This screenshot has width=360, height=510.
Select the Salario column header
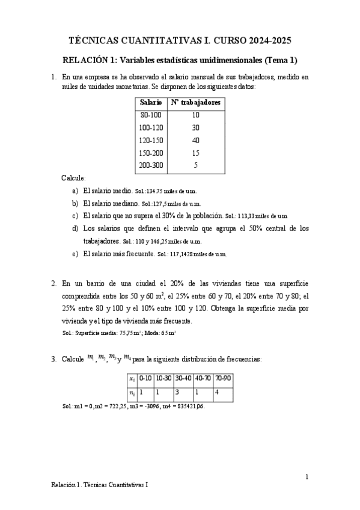pos(151,103)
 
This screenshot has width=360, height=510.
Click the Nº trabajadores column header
pos(196,103)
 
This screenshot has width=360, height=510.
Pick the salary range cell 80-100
pos(151,115)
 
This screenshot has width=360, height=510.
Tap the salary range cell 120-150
pos(151,140)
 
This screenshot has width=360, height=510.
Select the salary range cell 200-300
pos(151,165)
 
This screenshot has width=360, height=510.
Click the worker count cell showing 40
pos(196,140)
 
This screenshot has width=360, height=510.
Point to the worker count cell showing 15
pos(196,153)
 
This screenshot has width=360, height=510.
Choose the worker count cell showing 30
pos(196,127)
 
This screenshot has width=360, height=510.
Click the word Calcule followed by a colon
pos(74,179)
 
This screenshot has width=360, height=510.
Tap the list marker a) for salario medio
pos(75,190)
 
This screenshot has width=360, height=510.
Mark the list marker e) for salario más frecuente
pos(75,254)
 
